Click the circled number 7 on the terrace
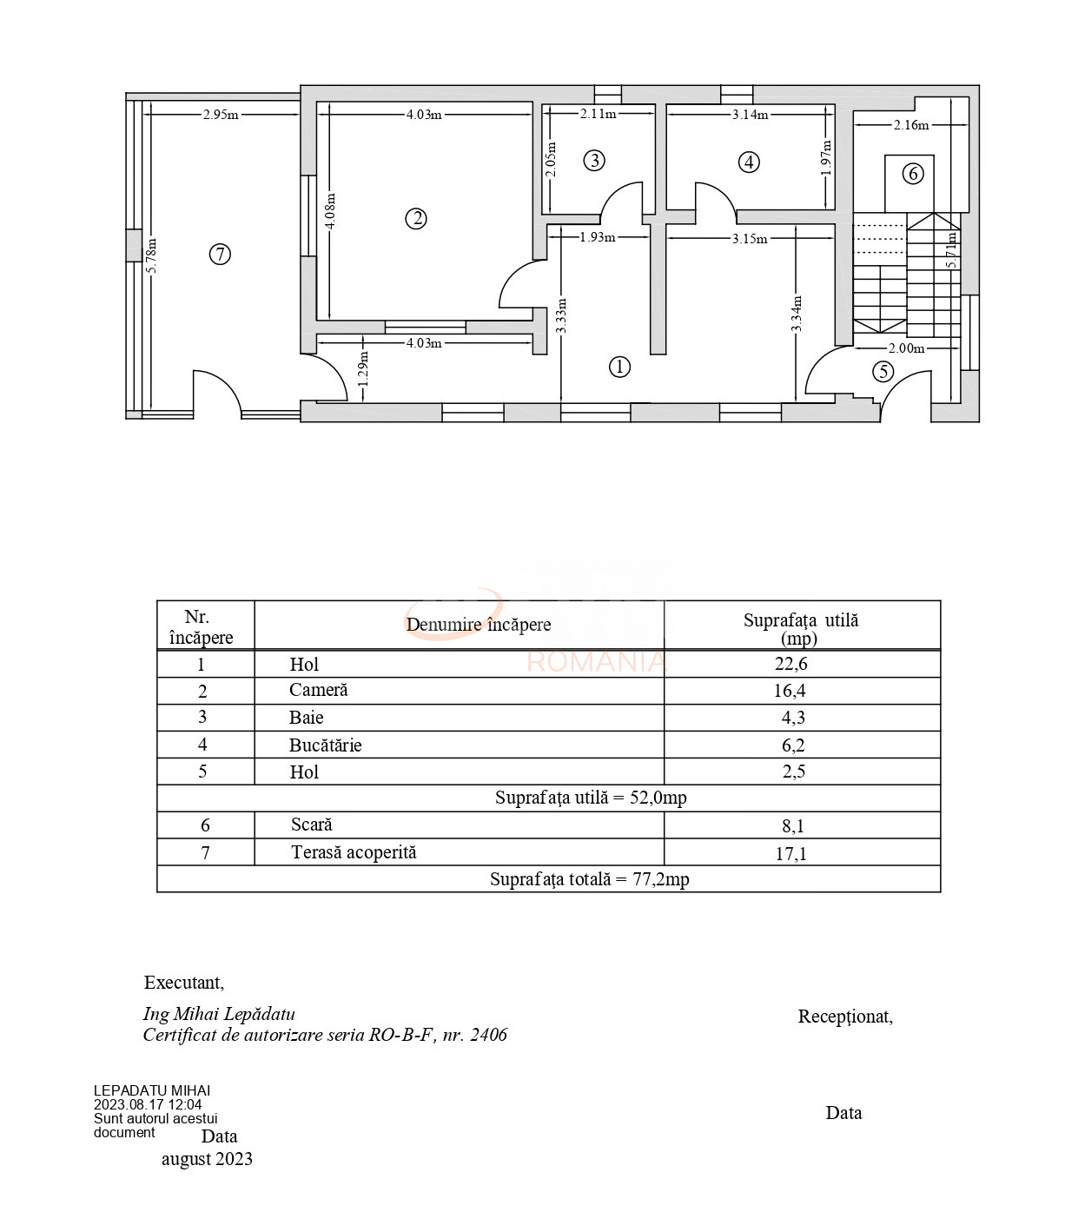pos(220,254)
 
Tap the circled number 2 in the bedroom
pos(416,219)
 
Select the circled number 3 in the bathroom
pos(595,160)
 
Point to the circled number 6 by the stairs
pos(912,174)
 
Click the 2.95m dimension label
pos(221,115)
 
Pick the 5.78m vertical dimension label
pos(152,256)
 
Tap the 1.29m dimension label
pos(363,369)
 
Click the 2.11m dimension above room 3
pos(598,113)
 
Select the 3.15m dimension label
pos(750,238)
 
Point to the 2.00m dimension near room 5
pos(907,348)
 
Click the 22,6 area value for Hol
pos(790,664)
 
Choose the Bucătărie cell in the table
pos(325,745)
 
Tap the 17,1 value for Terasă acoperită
pos(790,853)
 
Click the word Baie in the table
pos(306,717)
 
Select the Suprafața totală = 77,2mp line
pos(589,879)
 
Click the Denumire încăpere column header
pos(479,625)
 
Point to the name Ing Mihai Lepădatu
pos(219,1014)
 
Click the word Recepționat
pos(845,1017)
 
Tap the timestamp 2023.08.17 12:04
pos(148,1104)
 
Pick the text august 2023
pos(207,1159)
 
